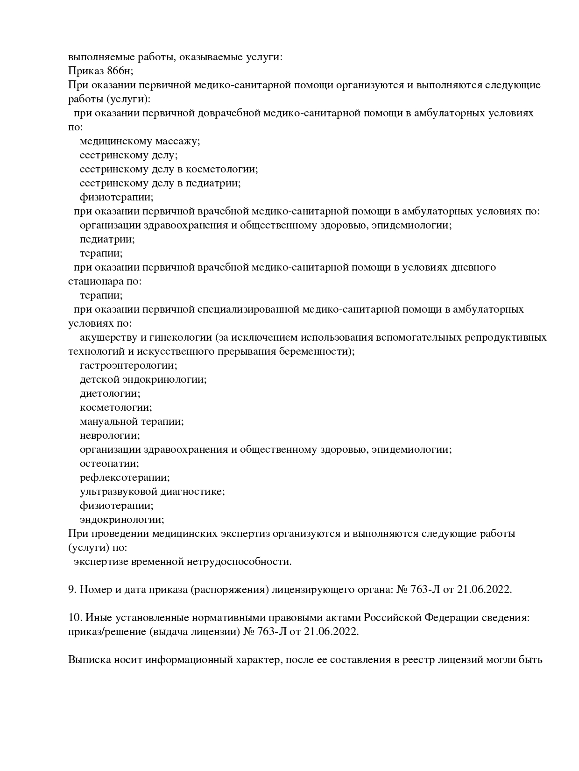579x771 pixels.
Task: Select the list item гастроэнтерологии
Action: coord(128,365)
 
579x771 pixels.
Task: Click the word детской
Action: coord(99,379)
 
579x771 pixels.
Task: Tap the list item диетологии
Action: coord(110,393)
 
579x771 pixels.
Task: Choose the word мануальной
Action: coord(109,421)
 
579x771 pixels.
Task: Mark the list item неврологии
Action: coord(110,435)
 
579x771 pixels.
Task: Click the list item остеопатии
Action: coord(109,464)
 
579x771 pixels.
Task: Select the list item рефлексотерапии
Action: coord(125,478)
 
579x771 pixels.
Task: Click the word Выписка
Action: coord(88,660)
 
